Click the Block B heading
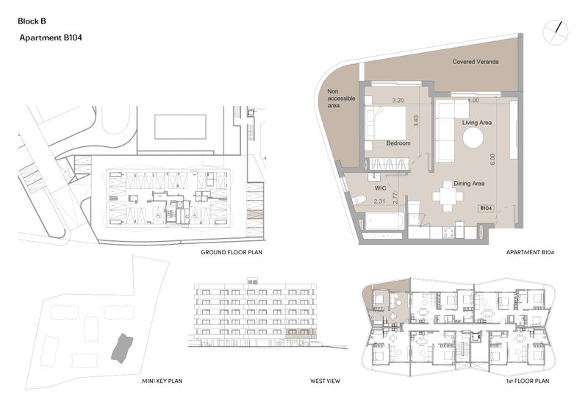point(32,21)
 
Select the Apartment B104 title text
point(51,37)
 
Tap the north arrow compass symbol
point(556,32)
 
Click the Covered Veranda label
point(476,62)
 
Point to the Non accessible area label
point(341,98)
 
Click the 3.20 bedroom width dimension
point(398,100)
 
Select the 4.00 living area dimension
point(473,100)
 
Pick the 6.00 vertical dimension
point(492,159)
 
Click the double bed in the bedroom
point(385,122)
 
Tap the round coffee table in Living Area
point(473,138)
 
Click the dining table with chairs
point(448,196)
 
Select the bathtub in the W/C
point(384,222)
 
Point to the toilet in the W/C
point(359,200)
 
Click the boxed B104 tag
point(486,208)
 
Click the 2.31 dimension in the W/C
point(379,201)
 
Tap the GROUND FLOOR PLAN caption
point(232,252)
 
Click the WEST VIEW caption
point(325,381)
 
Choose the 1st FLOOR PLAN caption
point(527,381)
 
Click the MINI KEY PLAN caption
point(162,381)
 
